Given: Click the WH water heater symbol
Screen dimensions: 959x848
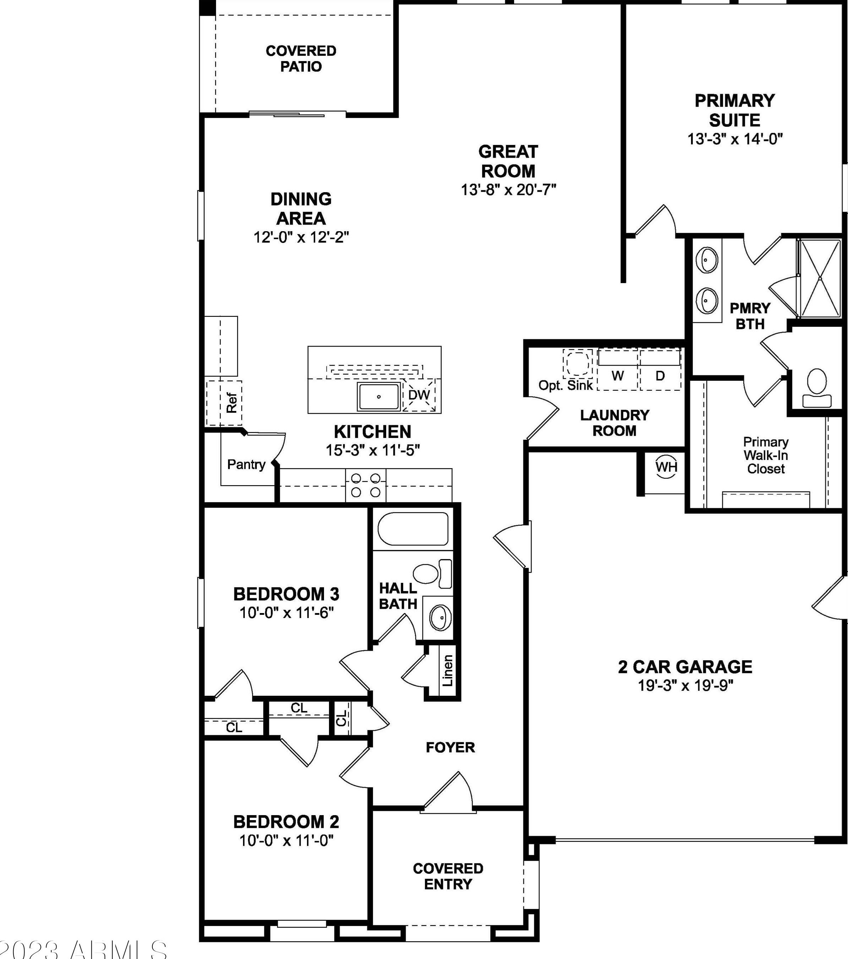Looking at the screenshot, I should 666,467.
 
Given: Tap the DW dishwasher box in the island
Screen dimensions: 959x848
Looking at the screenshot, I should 418,395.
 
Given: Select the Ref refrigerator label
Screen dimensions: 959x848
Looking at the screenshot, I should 231,402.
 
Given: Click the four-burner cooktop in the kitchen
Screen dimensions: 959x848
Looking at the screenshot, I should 366,485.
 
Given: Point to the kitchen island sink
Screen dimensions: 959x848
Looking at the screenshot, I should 379,396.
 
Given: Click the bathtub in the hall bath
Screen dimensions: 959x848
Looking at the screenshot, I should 412,529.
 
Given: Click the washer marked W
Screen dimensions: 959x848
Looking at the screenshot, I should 617,375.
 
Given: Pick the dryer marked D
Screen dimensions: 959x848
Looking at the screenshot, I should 660,375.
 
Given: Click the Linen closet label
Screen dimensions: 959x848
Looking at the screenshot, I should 447,671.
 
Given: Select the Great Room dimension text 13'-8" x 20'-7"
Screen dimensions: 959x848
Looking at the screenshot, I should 508,190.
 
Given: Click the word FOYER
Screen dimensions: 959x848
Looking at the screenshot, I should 450,747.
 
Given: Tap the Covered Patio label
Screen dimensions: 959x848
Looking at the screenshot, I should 301,58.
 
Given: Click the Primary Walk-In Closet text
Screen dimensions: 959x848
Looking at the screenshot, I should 766,455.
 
